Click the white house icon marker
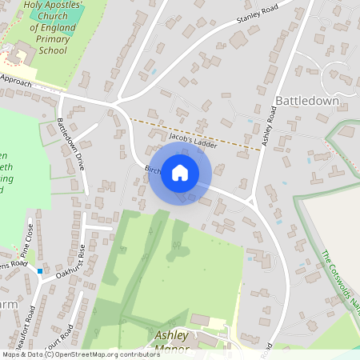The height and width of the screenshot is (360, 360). (x=180, y=173)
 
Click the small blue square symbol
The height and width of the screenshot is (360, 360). (x=40, y=271)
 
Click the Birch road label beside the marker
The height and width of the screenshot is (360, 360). (x=153, y=170)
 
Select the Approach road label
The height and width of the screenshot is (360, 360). (x=16, y=81)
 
